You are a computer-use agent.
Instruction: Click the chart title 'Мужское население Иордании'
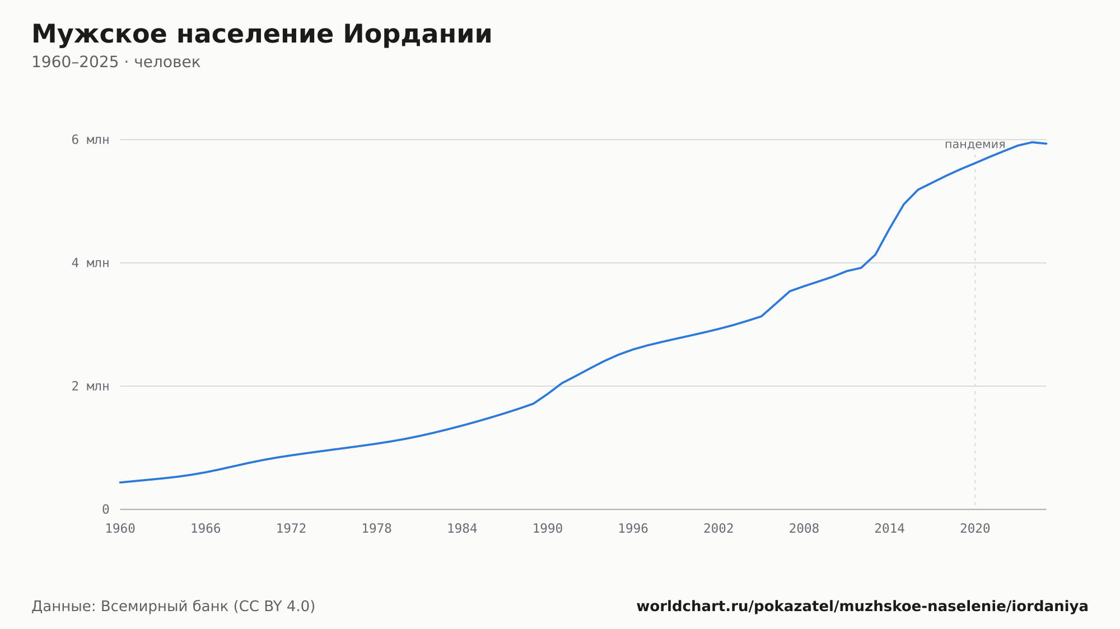262,34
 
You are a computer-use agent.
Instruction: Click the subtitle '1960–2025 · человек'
116,62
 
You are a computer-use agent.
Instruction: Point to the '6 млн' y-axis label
90,140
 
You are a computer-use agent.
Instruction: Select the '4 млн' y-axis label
90,263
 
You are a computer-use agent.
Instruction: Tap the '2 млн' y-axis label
90,386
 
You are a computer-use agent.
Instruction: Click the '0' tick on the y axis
105,509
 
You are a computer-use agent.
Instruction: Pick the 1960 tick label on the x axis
120,529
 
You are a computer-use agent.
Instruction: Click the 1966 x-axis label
206,529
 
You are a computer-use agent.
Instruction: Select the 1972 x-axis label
291,529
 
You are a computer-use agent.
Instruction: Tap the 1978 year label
377,529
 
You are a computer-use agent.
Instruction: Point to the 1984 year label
462,529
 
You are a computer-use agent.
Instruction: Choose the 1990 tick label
548,529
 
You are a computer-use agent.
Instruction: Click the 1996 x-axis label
633,529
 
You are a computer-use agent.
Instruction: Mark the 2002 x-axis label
718,529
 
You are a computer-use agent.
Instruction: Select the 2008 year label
804,529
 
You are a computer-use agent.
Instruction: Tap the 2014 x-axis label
890,529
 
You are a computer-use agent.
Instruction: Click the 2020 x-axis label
975,529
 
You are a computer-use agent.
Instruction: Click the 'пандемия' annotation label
975,144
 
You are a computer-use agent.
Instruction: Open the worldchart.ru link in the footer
862,607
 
